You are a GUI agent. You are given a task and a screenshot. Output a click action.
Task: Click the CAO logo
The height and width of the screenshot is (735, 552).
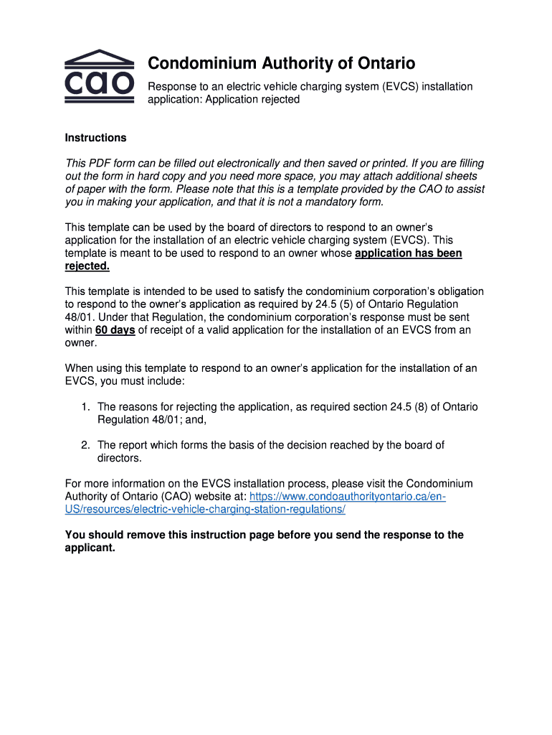(100, 77)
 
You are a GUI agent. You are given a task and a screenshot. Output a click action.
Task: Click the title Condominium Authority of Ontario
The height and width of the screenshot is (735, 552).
(281, 64)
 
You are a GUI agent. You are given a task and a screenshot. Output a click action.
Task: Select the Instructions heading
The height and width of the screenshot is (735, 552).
(95, 138)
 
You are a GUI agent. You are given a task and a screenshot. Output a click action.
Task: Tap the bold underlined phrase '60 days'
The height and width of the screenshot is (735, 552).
(115, 330)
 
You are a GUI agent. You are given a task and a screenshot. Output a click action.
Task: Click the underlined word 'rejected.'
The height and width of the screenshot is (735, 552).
(87, 266)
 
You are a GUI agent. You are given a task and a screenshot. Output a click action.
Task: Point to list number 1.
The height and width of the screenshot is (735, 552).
(85, 407)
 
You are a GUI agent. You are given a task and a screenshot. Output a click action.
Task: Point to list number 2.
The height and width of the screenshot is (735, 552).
(85, 445)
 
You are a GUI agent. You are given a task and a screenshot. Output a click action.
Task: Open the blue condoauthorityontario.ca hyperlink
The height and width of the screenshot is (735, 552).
(348, 497)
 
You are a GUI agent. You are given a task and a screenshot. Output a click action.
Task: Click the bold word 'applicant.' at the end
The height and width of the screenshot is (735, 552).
(90, 548)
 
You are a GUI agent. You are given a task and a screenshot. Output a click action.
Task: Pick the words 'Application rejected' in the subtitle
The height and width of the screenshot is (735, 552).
(252, 100)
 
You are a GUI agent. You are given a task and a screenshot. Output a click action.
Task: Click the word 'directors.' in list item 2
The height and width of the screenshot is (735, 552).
(120, 458)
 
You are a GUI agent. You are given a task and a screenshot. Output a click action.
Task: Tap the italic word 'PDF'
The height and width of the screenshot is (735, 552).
(100, 164)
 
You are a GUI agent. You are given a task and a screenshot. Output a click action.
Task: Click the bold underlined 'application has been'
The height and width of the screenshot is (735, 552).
(409, 253)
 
